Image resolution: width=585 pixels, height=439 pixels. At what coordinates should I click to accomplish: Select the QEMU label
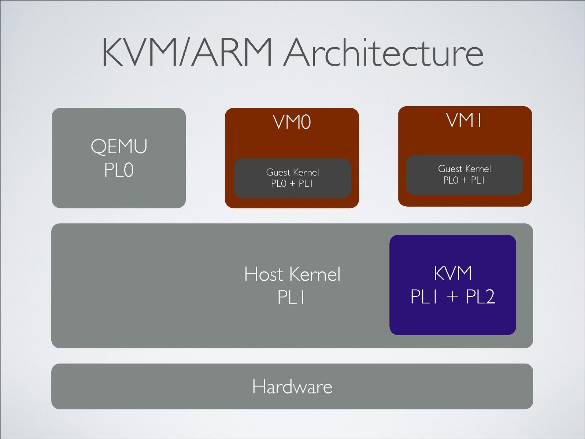coord(119,146)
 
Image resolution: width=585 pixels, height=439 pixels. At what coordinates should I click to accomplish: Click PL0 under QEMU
coord(119,170)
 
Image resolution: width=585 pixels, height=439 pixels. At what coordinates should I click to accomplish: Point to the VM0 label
coord(292,122)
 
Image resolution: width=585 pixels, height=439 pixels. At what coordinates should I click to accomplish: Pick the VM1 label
coord(464,120)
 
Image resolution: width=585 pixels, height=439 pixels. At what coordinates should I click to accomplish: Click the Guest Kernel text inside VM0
coord(292,172)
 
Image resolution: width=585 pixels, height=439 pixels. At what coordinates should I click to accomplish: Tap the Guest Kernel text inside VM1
coord(464,169)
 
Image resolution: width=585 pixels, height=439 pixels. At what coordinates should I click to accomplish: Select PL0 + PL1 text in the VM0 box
coord(292,184)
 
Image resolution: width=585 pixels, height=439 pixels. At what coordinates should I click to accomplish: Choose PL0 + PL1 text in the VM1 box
coord(464,180)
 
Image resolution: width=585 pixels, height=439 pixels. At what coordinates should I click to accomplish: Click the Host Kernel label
coord(292,274)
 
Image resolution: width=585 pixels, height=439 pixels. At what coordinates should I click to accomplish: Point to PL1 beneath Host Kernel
coord(291,297)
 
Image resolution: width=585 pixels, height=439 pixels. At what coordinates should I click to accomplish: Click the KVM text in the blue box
coord(453,273)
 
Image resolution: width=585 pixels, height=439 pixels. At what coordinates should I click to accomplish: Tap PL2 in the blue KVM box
coord(480,296)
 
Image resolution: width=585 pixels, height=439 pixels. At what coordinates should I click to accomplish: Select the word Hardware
coord(292,387)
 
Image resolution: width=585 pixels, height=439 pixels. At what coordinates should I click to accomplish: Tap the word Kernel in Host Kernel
coord(315,274)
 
